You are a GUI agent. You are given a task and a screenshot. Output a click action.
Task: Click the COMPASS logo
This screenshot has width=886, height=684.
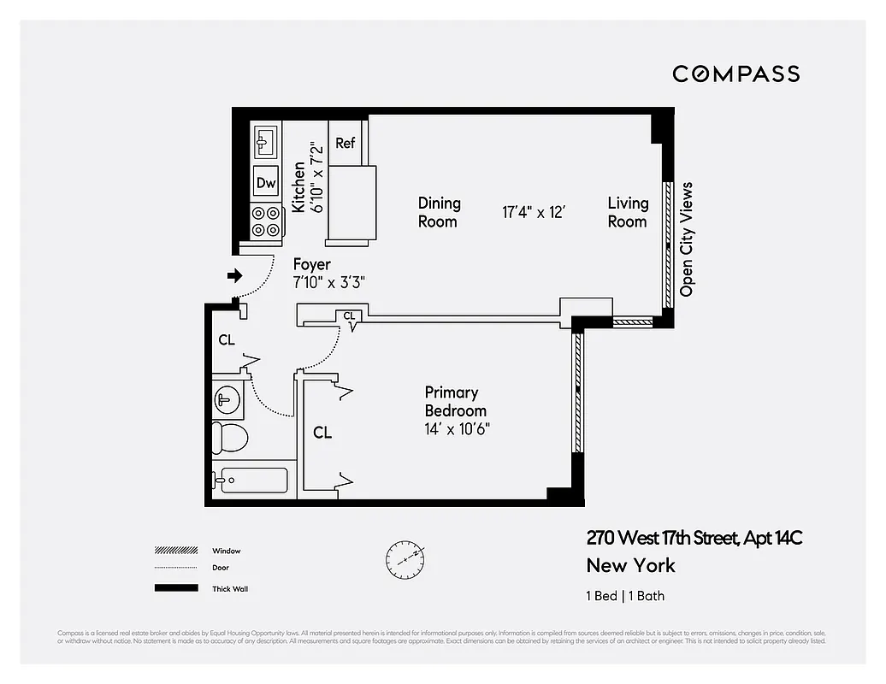pyautogui.click(x=735, y=74)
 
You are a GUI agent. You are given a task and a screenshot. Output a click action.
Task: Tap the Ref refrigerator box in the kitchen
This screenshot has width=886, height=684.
pyautogui.click(x=345, y=143)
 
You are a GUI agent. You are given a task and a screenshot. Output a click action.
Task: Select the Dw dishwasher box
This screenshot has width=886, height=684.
pyautogui.click(x=266, y=182)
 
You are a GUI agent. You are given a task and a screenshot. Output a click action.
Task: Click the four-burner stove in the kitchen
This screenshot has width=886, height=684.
pyautogui.click(x=266, y=221)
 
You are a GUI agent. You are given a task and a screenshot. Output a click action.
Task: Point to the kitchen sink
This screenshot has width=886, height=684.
pyautogui.click(x=263, y=139)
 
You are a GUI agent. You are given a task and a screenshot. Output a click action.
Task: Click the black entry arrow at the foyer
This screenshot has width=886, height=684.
pyautogui.click(x=233, y=275)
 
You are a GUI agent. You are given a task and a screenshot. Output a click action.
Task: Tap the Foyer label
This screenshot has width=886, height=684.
pyautogui.click(x=311, y=265)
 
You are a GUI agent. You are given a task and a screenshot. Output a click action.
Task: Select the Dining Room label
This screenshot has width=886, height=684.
pyautogui.click(x=439, y=212)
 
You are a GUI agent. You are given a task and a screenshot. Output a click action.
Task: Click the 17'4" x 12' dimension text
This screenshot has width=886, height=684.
pyautogui.click(x=535, y=212)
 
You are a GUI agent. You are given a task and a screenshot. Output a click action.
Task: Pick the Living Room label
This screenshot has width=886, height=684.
pyautogui.click(x=628, y=212)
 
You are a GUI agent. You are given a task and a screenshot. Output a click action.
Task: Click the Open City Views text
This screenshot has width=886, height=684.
pyautogui.click(x=686, y=239)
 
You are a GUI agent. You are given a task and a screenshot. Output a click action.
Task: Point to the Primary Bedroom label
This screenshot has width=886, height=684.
pyautogui.click(x=454, y=401)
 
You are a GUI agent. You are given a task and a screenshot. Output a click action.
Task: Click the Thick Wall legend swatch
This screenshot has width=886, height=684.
pyautogui.click(x=175, y=588)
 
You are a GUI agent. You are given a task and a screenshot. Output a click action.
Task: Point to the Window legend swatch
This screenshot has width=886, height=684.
pyautogui.click(x=175, y=551)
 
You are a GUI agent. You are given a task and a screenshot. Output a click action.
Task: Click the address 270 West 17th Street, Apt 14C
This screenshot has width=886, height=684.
pyautogui.click(x=694, y=538)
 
